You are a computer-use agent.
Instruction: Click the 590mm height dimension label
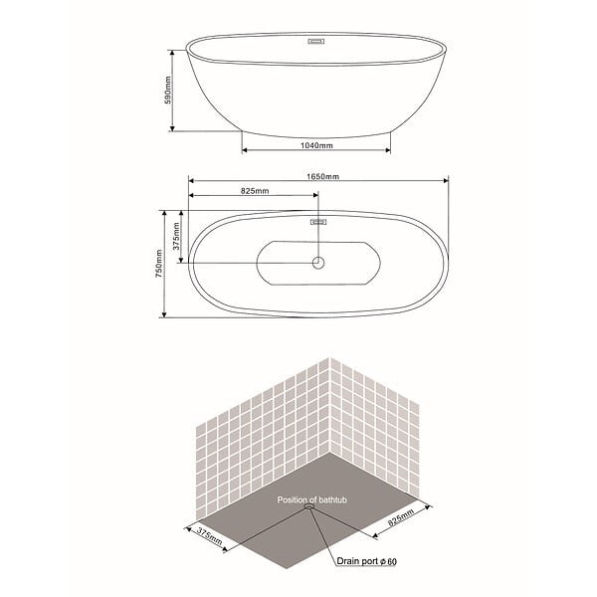pyautogui.click(x=168, y=90)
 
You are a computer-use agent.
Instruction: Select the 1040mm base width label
pyautogui.click(x=316, y=145)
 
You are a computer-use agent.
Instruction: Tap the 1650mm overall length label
pyautogui.click(x=322, y=176)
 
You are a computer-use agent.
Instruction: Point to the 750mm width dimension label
pyautogui.click(x=159, y=263)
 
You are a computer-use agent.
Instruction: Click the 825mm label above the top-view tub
pyautogui.click(x=255, y=191)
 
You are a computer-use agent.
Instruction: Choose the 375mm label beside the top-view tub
pyautogui.click(x=176, y=236)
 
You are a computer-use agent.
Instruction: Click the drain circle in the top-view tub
pyautogui.click(x=318, y=263)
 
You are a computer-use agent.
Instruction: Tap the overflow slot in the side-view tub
pyautogui.click(x=316, y=42)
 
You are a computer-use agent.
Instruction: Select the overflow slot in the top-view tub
pyautogui.click(x=318, y=222)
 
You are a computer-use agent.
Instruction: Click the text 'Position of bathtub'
pyautogui.click(x=311, y=499)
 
